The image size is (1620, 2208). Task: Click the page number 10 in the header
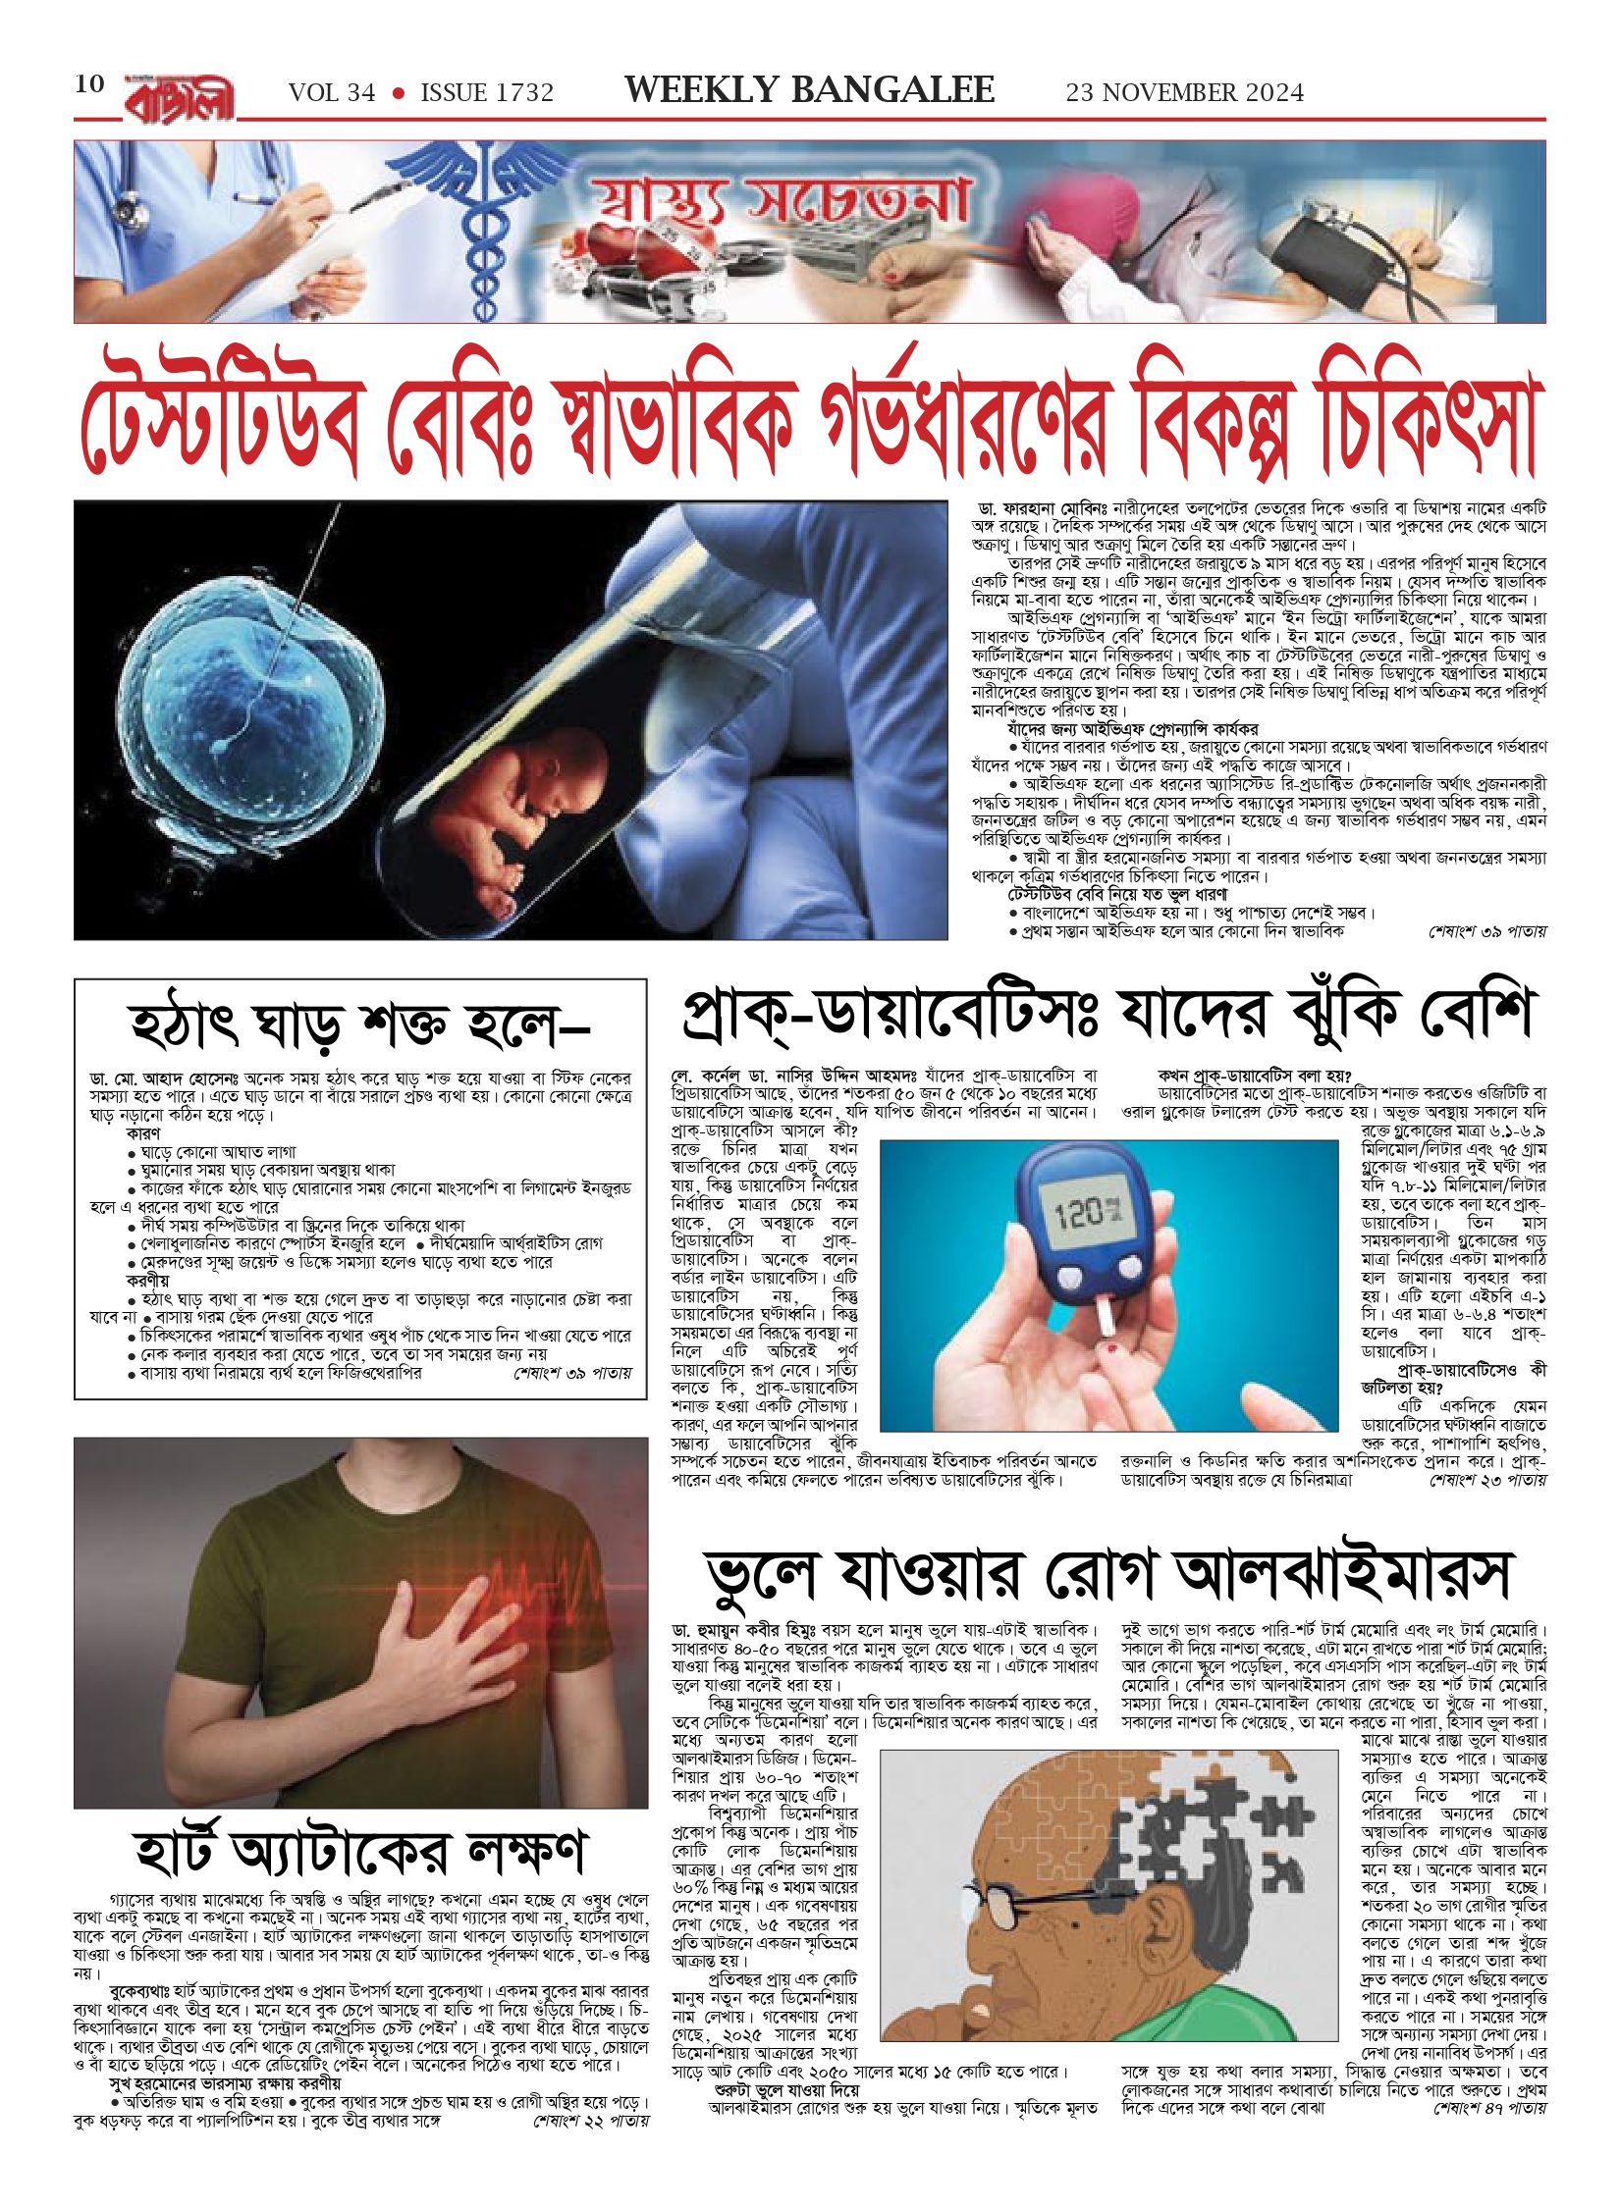[89, 83]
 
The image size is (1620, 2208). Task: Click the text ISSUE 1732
[487, 93]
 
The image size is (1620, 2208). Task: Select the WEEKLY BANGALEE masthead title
[809, 90]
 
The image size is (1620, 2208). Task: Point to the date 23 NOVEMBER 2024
[1185, 93]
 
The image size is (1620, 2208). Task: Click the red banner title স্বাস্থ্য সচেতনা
[776, 201]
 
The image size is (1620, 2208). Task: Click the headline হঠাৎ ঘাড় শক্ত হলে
[358, 1025]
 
